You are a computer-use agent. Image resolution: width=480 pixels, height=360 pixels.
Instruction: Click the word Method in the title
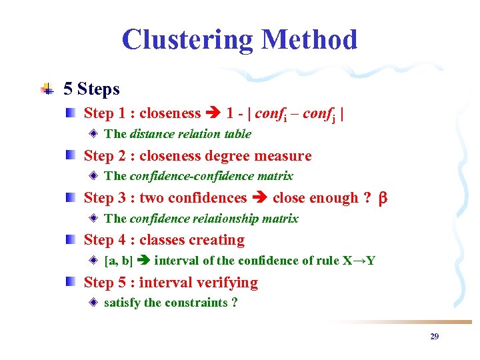point(309,40)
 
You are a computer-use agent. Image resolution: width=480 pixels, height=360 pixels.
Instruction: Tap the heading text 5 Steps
point(91,89)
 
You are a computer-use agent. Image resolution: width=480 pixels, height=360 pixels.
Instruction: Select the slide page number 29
point(434,337)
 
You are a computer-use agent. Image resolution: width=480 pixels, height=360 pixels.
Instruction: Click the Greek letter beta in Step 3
point(383,199)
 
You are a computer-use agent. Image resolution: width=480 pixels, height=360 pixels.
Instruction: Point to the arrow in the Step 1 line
point(213,114)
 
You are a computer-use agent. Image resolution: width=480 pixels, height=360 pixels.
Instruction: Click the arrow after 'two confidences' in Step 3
point(259,199)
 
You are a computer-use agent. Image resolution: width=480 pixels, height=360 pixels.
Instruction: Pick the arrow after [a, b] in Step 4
point(143,261)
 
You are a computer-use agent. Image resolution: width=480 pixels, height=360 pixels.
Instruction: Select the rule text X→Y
point(359,261)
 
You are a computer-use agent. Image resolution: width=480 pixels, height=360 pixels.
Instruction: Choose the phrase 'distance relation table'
point(190,134)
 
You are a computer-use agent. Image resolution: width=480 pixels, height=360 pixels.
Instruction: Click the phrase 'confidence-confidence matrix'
point(211,176)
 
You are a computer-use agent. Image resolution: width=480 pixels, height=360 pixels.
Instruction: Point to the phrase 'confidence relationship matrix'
point(214,219)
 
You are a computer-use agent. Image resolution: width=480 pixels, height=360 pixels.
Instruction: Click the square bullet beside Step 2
point(70,156)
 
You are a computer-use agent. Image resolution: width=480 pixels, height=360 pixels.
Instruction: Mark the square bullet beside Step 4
point(70,240)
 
